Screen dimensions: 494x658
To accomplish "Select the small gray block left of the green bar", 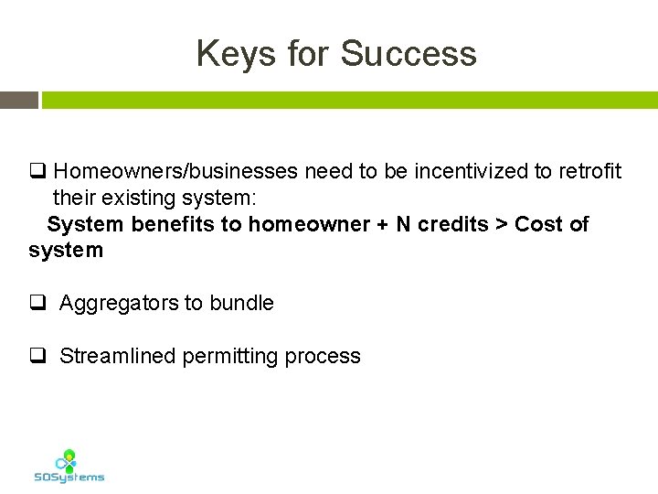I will click(18, 100).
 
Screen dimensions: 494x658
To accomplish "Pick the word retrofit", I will click(590, 171).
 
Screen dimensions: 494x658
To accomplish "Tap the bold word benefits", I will click(173, 224).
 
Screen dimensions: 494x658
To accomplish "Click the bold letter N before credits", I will click(403, 224).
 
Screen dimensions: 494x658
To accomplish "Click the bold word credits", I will click(452, 224).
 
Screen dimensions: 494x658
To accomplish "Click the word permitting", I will click(231, 357).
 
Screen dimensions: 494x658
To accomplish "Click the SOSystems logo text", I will click(69, 477).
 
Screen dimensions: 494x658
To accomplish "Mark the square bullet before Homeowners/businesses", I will click(37, 171).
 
